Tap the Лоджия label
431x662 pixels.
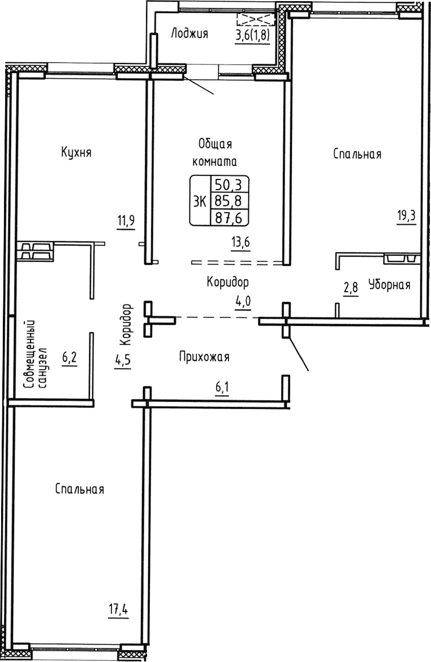pos(189,34)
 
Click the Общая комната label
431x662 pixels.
pos(215,152)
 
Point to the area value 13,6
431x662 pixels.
pos(239,243)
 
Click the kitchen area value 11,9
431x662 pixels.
pos(127,220)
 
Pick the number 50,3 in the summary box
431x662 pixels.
pos(230,185)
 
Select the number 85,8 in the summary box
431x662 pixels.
pos(230,201)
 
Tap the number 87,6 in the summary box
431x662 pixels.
pos(230,217)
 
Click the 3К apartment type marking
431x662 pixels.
pos(200,201)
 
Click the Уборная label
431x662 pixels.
pos(389,285)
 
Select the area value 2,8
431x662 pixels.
pos(351,288)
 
